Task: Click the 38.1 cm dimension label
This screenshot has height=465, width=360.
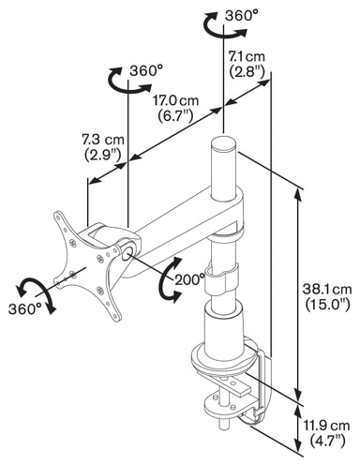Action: click(327, 290)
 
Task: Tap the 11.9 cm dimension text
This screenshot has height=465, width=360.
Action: click(327, 426)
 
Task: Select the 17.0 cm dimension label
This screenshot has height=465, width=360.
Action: click(175, 100)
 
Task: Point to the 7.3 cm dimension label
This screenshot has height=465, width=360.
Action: click(103, 140)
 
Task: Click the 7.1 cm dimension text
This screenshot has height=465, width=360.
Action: click(247, 56)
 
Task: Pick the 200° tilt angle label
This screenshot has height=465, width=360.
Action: click(190, 279)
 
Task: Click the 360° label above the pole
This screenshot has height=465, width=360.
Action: click(242, 15)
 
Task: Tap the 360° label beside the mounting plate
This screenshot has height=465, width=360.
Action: click(25, 309)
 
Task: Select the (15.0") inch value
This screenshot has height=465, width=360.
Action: click(327, 305)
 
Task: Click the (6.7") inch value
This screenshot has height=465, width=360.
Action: click(175, 116)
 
